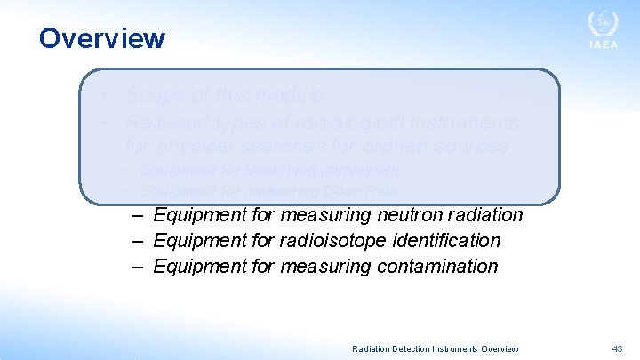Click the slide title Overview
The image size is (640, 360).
[x=101, y=38]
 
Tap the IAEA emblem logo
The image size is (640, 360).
[x=603, y=24]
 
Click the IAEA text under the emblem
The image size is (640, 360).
[x=603, y=46]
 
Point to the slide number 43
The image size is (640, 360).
[x=617, y=349]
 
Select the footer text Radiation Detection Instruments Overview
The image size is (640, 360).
[x=436, y=349]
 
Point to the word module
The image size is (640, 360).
[x=293, y=95]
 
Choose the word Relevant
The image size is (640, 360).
[x=164, y=121]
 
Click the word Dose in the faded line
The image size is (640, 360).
[x=324, y=190]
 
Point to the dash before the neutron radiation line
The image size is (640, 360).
[x=138, y=215]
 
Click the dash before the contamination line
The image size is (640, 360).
[x=138, y=266]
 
